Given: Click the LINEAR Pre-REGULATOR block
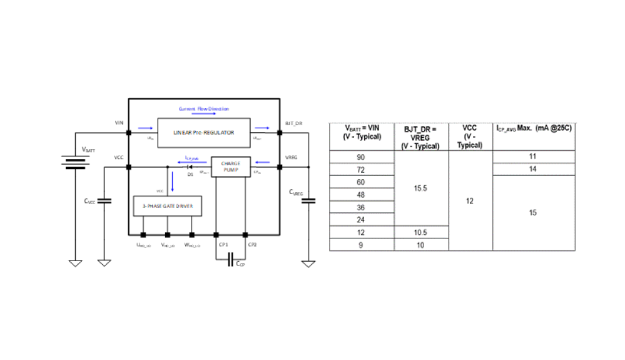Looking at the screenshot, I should point(203,132).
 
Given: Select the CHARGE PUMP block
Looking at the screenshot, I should point(230,167).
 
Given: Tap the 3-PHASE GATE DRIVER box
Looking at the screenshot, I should point(167,205).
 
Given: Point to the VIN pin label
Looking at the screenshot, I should point(119,123).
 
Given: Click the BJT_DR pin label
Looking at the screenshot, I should point(294,123).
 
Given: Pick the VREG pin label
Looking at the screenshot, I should point(292,157).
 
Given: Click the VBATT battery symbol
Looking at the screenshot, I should point(75,163).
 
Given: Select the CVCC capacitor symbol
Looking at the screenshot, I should point(104,201).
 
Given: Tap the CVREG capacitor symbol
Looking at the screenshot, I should point(308,200).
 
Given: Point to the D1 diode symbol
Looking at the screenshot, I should point(188,167).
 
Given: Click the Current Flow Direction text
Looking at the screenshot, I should point(203,109).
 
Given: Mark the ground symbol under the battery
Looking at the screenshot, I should point(75,263).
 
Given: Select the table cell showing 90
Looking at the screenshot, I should point(361,157).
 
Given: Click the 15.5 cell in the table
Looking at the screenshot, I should point(420,188).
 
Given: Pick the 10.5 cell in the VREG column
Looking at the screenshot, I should point(420,232).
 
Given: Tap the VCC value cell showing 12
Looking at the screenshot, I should point(470,201).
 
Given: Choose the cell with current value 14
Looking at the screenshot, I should point(533,170).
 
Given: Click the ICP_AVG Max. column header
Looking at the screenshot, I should point(533,128).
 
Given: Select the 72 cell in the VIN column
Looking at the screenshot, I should point(361,170).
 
